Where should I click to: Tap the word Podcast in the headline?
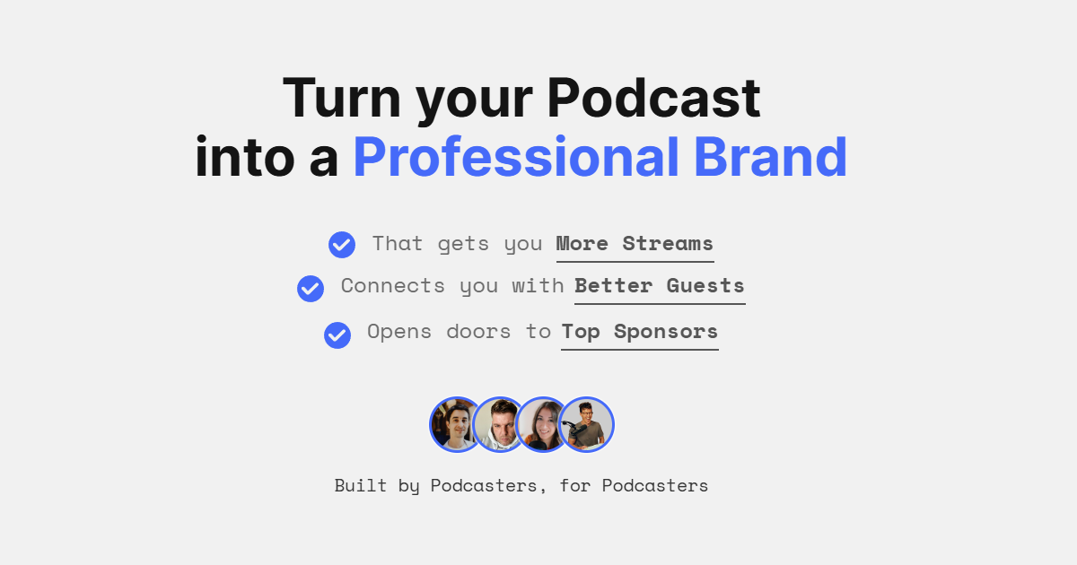coord(654,98)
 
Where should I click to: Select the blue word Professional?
coord(516,157)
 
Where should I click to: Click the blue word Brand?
coord(770,157)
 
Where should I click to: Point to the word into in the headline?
coord(245,157)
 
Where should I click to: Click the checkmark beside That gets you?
coord(342,245)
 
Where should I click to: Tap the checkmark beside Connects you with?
coord(311,289)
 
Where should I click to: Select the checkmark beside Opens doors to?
coord(337,335)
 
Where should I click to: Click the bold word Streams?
coord(668,244)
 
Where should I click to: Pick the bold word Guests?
coord(705,286)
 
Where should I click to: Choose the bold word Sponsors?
coord(666,332)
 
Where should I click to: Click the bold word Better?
coord(614,286)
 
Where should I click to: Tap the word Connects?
coord(393,286)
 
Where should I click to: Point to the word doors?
coord(478,332)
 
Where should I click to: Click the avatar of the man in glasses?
coord(586,425)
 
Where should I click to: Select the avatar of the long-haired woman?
coord(542,425)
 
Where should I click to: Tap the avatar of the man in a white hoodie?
coord(500,425)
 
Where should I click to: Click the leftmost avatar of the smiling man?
coord(456,425)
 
